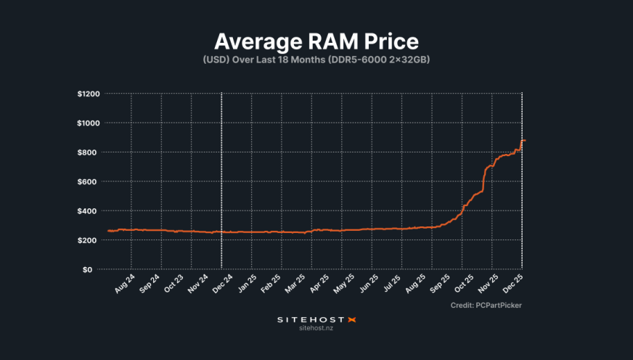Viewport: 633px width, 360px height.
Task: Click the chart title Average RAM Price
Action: (316, 41)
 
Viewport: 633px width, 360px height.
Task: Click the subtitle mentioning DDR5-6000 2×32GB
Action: (316, 60)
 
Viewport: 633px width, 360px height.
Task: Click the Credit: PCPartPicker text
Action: (486, 306)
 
